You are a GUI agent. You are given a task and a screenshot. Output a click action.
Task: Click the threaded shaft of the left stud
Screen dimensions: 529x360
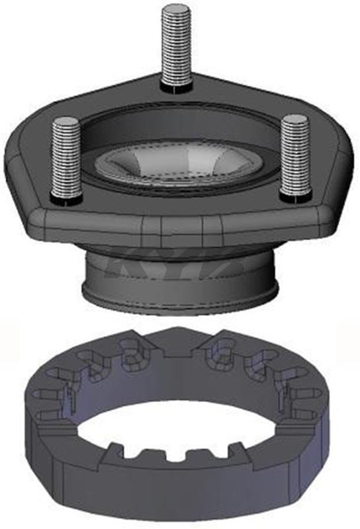pyautogui.click(x=66, y=159)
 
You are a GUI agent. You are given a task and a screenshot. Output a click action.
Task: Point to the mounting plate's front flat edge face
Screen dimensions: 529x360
pyautogui.click(x=179, y=228)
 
